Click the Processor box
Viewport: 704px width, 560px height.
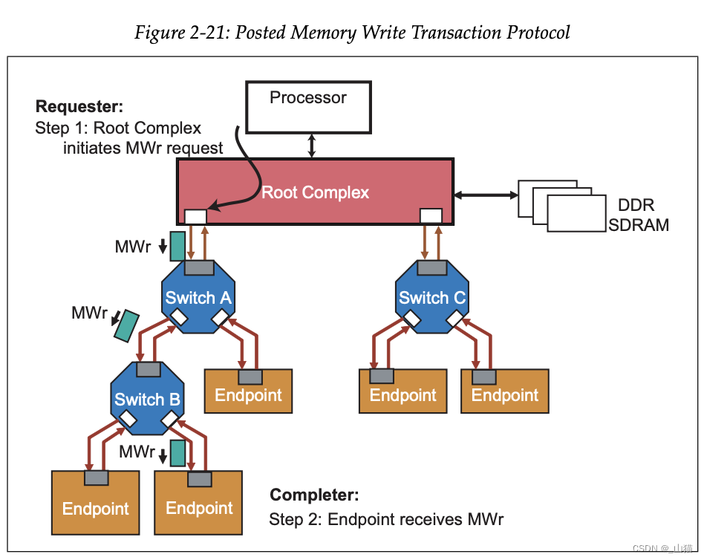(x=308, y=108)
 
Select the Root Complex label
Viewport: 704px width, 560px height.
(x=315, y=192)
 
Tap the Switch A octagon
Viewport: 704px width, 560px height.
(x=198, y=296)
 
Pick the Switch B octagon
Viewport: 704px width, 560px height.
(x=147, y=398)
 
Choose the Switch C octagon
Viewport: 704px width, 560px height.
(x=432, y=296)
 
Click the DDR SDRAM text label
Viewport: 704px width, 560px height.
(x=639, y=215)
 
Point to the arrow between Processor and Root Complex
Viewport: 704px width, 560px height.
(x=312, y=146)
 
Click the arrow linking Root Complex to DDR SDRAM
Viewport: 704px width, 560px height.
(x=486, y=195)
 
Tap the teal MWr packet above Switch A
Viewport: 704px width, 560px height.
(x=177, y=246)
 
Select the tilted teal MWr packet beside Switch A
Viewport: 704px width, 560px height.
(x=126, y=325)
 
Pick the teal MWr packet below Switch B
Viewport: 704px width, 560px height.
(x=177, y=453)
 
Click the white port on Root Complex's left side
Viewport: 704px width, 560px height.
(x=195, y=216)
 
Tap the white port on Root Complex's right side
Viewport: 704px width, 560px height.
(x=431, y=216)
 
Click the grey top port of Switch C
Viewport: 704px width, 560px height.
(x=432, y=267)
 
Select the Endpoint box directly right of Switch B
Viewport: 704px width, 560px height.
(x=248, y=391)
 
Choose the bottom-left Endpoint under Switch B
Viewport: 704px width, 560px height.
(x=96, y=503)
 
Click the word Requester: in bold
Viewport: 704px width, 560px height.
(x=79, y=106)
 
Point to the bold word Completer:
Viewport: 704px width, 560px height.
(x=314, y=495)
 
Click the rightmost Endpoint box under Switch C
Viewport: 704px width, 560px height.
(x=505, y=391)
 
